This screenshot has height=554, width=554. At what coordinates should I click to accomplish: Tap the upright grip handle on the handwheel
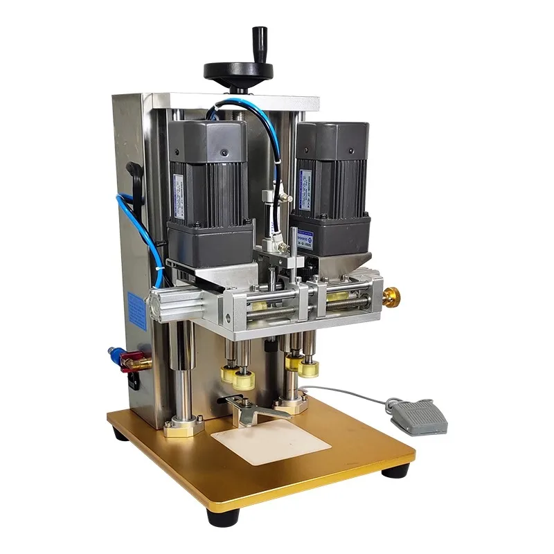(x=260, y=42)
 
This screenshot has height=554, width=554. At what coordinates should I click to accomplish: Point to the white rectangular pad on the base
(x=261, y=442)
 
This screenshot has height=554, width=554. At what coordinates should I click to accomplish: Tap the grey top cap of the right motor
(x=331, y=138)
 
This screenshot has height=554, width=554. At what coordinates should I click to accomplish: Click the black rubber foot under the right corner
(x=395, y=472)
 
